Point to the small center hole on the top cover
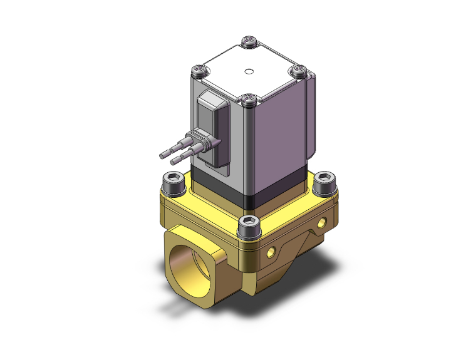[x=249, y=70]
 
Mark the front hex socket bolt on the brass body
[x=249, y=223]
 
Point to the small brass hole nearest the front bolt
[x=272, y=252]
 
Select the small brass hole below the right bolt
[x=323, y=222]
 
